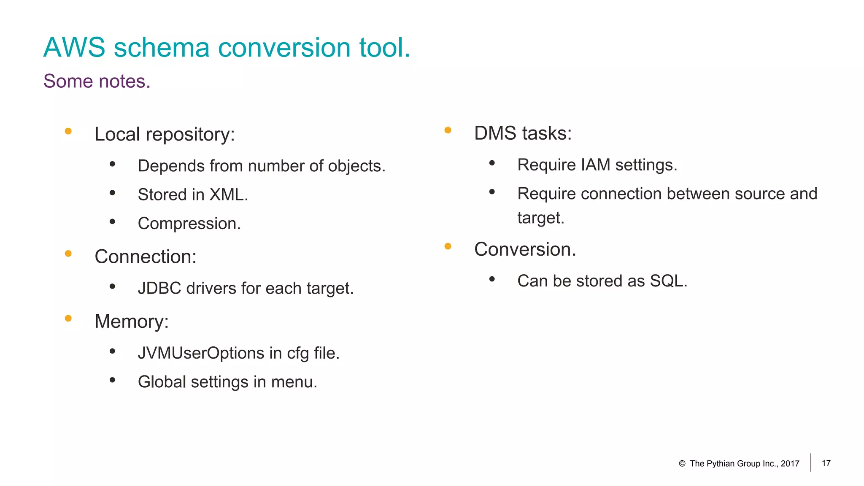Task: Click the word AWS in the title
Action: pos(74,47)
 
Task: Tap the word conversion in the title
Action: pos(284,47)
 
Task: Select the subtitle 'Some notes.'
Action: pos(97,81)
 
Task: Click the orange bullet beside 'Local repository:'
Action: pos(68,132)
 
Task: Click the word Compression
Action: pos(189,224)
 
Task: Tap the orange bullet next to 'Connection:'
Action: pos(68,254)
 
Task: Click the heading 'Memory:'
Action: pos(131,321)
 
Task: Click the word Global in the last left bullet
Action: pos(162,382)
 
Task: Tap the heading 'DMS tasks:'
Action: pos(523,133)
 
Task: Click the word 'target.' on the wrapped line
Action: pos(540,218)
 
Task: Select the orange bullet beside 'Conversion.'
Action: pos(448,246)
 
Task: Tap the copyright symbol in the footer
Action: pos(682,464)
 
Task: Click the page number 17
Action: pos(826,463)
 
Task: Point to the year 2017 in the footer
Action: pos(790,464)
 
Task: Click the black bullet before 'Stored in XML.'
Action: pos(112,193)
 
